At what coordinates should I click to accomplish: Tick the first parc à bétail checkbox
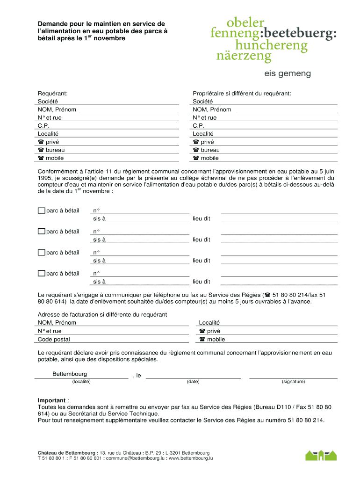coord(42,210)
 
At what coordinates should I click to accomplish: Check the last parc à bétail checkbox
coord(42,274)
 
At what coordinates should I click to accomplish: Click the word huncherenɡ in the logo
coord(272,45)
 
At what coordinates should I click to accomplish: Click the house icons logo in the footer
coord(321,455)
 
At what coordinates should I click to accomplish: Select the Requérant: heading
coord(53,94)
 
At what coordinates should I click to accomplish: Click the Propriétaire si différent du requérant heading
coord(242,94)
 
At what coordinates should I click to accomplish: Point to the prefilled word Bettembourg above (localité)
coord(70,374)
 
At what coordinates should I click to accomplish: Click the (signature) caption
coord(293,382)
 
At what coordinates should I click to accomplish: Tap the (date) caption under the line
coord(193,382)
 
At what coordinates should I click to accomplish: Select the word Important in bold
coord(51,400)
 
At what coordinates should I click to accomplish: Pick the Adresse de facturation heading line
coord(102,315)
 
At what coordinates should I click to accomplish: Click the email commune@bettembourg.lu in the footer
coord(135,458)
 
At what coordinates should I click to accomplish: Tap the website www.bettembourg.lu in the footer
coord(191,458)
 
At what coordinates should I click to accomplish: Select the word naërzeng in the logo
coord(244,57)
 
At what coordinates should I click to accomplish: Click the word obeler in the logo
coord(245,22)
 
